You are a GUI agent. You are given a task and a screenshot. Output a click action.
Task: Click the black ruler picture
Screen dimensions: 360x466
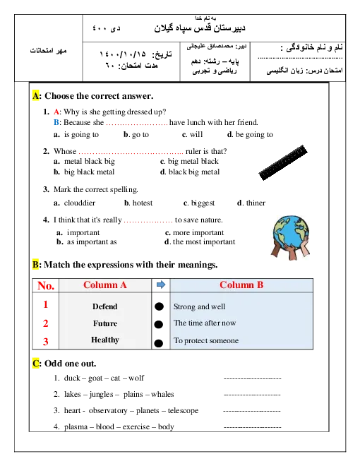pyautogui.click(x=283, y=162)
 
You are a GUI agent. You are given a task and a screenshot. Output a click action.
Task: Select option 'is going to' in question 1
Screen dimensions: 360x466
pyautogui.click(x=81, y=135)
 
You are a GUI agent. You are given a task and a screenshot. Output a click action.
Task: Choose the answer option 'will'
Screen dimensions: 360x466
pyautogui.click(x=196, y=134)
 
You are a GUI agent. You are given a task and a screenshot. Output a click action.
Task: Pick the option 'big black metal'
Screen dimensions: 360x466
pyautogui.click(x=89, y=172)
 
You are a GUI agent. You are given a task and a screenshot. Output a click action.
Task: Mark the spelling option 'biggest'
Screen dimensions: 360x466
pyautogui.click(x=203, y=203)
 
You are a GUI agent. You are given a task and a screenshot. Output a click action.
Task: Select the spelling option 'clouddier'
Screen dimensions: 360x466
pyautogui.click(x=80, y=203)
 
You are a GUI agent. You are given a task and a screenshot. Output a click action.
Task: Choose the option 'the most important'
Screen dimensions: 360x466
pyautogui.click(x=204, y=241)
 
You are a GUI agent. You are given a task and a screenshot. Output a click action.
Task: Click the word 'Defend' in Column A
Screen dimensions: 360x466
pyautogui.click(x=105, y=306)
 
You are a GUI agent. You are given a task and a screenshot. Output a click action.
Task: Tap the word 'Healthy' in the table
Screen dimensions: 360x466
pyautogui.click(x=105, y=340)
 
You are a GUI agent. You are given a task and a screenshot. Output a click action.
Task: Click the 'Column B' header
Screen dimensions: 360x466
pyautogui.click(x=241, y=285)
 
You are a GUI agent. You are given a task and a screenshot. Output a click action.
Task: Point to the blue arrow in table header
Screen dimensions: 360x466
pyautogui.click(x=161, y=285)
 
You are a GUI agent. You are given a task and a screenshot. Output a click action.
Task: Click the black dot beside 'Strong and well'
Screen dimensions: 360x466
pyautogui.click(x=160, y=306)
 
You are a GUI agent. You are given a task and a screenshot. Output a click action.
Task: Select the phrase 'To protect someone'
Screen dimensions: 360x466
pyautogui.click(x=206, y=340)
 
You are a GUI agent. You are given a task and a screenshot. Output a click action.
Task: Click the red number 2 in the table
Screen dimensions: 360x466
pyautogui.click(x=45, y=323)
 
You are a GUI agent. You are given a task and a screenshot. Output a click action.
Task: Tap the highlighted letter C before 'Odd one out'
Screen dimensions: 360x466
pyautogui.click(x=35, y=364)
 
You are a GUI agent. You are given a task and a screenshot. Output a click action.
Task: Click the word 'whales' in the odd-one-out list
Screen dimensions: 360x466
pyautogui.click(x=162, y=395)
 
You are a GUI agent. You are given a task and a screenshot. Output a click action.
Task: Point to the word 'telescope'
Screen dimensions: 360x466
pyautogui.click(x=183, y=410)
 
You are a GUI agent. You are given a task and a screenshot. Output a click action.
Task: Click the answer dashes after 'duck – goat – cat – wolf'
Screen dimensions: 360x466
pyautogui.click(x=252, y=378)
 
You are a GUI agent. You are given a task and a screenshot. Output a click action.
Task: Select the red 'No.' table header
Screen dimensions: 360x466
pyautogui.click(x=46, y=286)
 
